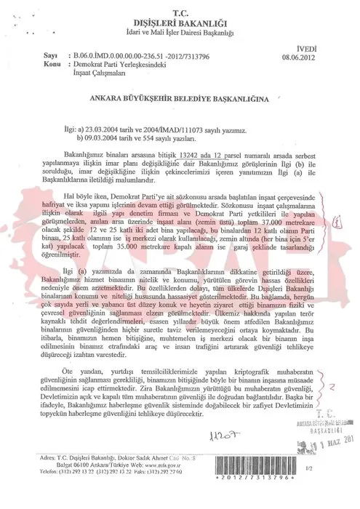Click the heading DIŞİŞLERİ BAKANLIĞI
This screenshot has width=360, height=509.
click(180, 20)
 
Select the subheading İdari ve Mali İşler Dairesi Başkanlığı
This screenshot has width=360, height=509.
click(180, 31)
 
